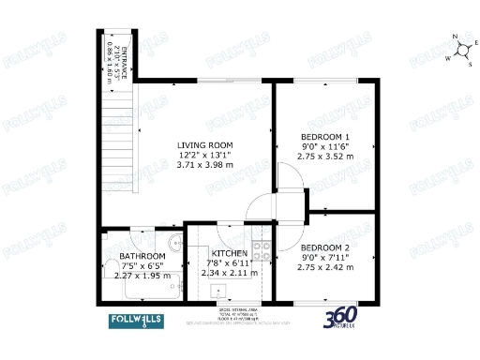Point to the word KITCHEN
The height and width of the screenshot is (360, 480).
pyautogui.click(x=230, y=254)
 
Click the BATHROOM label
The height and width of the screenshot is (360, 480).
pyautogui.click(x=142, y=256)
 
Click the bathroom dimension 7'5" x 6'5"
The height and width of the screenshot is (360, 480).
pyautogui.click(x=142, y=266)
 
